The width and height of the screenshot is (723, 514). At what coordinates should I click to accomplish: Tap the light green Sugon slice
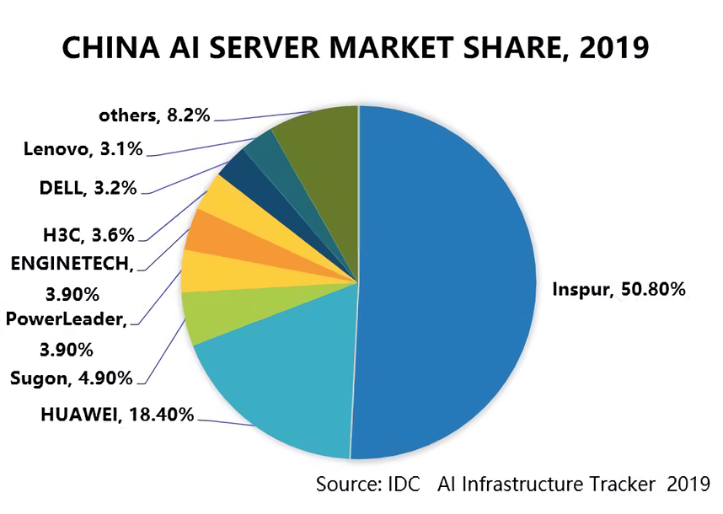(x=215, y=316)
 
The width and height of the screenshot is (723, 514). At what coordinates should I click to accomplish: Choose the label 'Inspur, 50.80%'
(x=619, y=290)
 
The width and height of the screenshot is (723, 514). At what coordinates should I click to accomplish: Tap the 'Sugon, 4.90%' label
(x=72, y=378)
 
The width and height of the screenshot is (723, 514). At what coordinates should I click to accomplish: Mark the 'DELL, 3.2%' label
(x=88, y=188)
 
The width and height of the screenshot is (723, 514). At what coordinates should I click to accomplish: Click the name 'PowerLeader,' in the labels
(x=67, y=319)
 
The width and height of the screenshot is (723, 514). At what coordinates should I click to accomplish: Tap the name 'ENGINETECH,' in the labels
(x=72, y=263)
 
